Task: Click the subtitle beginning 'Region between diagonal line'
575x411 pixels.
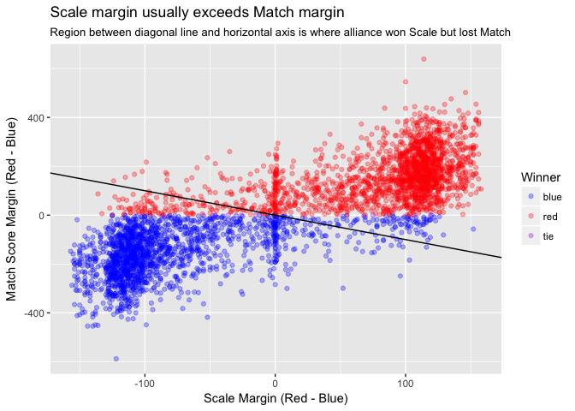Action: [x=280, y=33]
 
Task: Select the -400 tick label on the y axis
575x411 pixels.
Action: [x=33, y=313]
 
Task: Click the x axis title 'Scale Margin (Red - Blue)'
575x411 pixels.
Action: [x=275, y=398]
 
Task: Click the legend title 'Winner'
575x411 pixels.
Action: [x=540, y=176]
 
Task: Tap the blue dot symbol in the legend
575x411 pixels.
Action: [x=531, y=196]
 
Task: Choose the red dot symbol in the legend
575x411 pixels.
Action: [x=531, y=217]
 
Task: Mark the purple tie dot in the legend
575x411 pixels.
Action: [x=531, y=237]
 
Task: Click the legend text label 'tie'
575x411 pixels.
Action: [x=549, y=237]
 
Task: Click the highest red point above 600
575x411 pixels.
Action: [x=424, y=59]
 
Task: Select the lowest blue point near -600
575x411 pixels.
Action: [x=116, y=359]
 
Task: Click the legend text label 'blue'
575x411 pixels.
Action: [x=553, y=196]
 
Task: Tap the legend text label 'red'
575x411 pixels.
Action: [x=550, y=217]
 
